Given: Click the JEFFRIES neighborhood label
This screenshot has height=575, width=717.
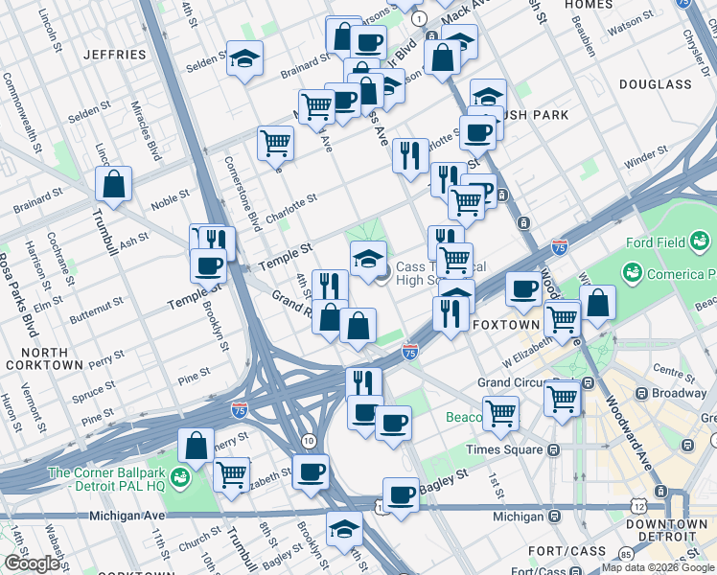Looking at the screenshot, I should [114, 55].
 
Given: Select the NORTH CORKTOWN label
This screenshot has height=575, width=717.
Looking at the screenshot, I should [44, 356].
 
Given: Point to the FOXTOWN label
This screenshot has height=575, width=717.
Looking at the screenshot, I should [506, 325].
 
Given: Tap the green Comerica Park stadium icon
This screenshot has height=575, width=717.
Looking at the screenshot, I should [632, 274].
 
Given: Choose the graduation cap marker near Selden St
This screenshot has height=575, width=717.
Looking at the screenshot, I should [245, 59].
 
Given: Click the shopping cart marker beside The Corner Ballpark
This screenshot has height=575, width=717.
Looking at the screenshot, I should [231, 474].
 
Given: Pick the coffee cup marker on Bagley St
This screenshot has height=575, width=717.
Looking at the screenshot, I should [401, 494].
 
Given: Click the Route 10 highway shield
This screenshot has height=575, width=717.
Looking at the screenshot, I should [308, 440].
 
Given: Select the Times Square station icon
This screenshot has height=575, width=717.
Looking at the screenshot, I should [553, 449].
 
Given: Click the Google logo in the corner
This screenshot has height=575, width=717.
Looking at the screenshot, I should [33, 563].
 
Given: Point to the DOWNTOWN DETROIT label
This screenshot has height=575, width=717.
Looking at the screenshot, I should [666, 531].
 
